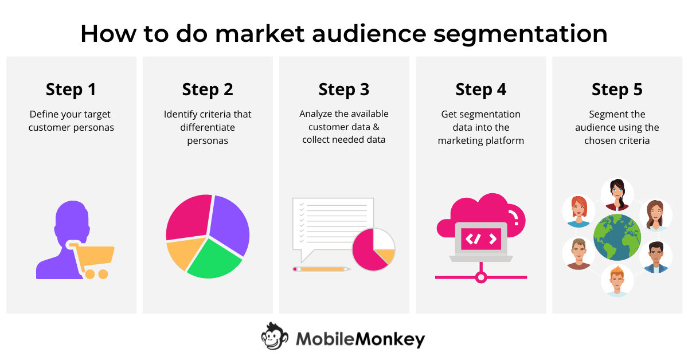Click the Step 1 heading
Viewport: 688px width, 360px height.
pyautogui.click(x=71, y=89)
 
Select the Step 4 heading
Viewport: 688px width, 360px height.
pyautogui.click(x=480, y=89)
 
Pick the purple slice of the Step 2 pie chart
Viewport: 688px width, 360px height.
pyautogui.click(x=229, y=224)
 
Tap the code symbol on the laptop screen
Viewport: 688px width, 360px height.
pyautogui.click(x=480, y=238)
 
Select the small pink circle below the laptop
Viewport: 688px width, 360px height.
pyautogui.click(x=480, y=277)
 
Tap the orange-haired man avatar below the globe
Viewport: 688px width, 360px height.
pyautogui.click(x=617, y=280)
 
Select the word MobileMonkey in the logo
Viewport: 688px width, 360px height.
pyautogui.click(x=360, y=339)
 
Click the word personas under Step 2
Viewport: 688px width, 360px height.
pyautogui.click(x=208, y=140)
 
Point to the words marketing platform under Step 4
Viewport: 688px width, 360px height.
pyautogui.click(x=480, y=140)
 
